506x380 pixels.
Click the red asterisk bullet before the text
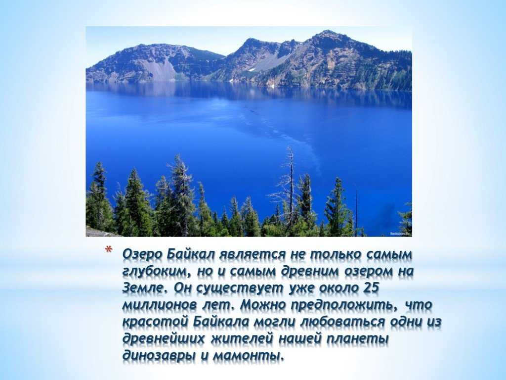point(109,250)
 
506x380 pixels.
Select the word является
point(253,255)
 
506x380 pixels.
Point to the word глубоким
point(155,272)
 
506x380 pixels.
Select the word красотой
point(155,322)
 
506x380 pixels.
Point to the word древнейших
point(164,339)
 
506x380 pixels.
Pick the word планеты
point(357,339)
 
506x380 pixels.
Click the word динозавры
point(159,356)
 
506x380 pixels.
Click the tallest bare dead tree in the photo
point(291,190)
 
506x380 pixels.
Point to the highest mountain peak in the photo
point(328,31)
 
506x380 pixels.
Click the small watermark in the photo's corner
point(400,234)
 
